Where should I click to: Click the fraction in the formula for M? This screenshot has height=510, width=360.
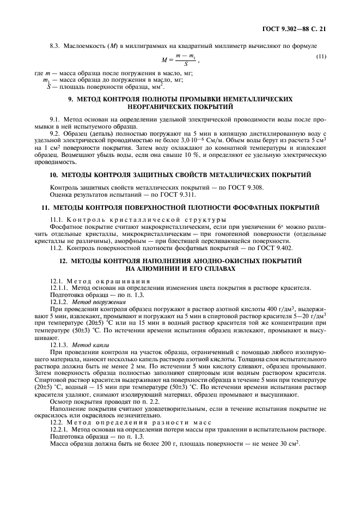(x=189, y=60)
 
